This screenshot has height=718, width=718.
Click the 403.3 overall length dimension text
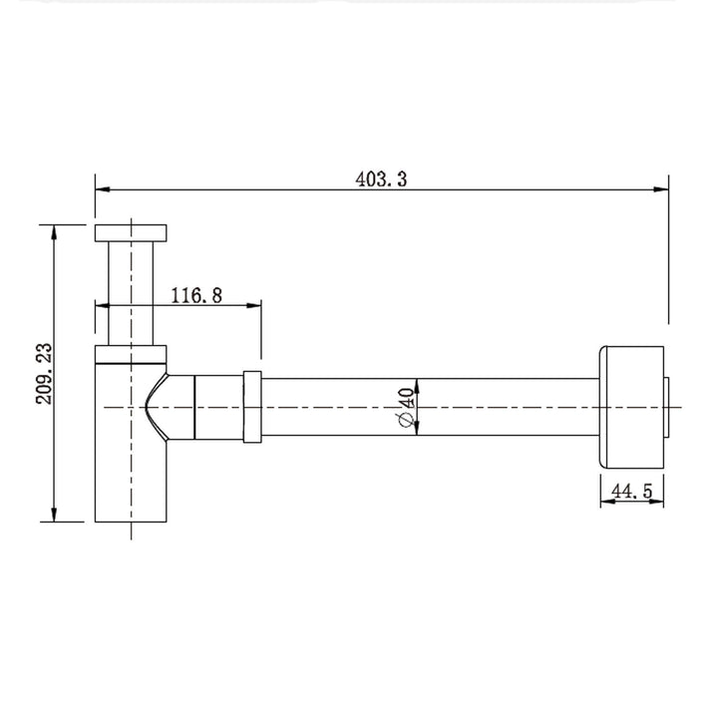tap(382, 179)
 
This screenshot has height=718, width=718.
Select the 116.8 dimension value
tap(195, 295)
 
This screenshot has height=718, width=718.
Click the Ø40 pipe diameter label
tap(404, 409)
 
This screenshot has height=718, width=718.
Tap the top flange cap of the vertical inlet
tap(132, 232)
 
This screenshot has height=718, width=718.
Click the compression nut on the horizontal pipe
tap(252, 406)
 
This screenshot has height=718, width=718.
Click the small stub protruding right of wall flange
tap(670, 406)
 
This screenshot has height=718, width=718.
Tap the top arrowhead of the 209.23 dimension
tap(54, 232)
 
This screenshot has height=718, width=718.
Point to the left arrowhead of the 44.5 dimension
tap(605, 502)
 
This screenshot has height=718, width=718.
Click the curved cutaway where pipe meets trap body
tap(154, 406)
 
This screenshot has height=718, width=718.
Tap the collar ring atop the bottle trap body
tap(132, 352)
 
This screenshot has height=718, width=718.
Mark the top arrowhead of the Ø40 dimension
tap(417, 385)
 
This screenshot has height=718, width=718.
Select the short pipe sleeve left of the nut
tap(218, 406)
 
